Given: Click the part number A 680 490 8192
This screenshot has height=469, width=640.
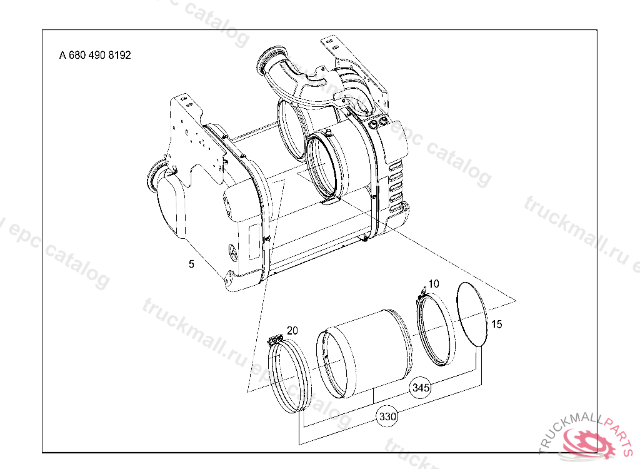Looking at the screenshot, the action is click(95, 55).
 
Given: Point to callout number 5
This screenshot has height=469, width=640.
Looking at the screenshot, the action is click(191, 265).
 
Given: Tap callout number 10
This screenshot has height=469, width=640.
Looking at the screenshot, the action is click(434, 283).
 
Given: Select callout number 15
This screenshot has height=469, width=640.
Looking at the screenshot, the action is click(496, 324).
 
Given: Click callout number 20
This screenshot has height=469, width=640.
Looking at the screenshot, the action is click(292, 331).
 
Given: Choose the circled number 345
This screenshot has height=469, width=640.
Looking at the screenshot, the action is click(421, 387).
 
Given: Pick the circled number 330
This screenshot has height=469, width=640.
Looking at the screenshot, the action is click(387, 416).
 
